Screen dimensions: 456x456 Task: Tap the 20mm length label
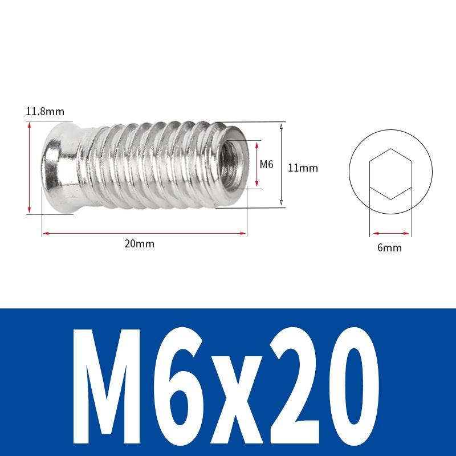140,244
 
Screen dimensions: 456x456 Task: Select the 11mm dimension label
302,168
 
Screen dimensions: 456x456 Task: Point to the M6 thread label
267,165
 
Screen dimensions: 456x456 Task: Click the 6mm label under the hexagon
390,248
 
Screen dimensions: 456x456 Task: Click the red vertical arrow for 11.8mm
29,168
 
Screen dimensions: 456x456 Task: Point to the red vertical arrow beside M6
257,165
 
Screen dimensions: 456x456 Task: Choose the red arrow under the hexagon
390,233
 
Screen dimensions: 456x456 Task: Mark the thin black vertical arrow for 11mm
281,165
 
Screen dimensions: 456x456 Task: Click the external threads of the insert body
148,165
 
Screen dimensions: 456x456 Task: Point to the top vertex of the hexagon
390,149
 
